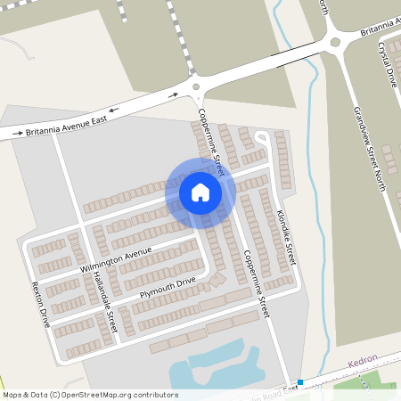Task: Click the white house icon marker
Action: [200, 192]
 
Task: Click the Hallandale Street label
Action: [104, 303]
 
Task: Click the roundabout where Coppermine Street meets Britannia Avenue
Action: [196, 87]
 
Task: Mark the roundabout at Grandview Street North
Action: [334, 41]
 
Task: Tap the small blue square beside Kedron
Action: [300, 382]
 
